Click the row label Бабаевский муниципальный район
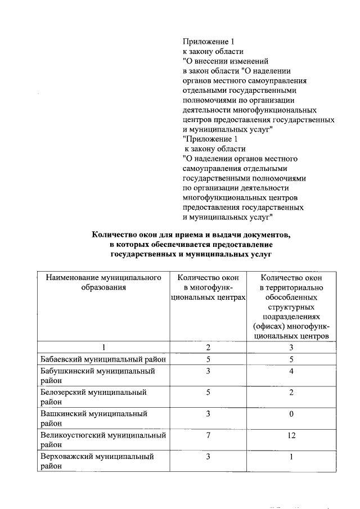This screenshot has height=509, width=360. (105, 359)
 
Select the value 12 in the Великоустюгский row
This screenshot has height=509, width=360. (291, 435)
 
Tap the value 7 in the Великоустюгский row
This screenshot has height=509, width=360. (208, 435)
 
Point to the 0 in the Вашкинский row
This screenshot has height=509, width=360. (291, 413)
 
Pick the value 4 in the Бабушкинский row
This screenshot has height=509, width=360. (291, 371)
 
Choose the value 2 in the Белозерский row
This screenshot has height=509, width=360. (291, 392)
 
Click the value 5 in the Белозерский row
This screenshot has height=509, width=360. (208, 392)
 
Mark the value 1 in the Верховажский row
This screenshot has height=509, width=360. (291, 457)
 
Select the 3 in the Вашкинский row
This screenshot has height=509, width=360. (208, 413)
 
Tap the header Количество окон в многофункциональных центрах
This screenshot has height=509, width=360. (208, 287)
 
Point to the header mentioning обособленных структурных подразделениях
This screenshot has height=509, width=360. (291, 307)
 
